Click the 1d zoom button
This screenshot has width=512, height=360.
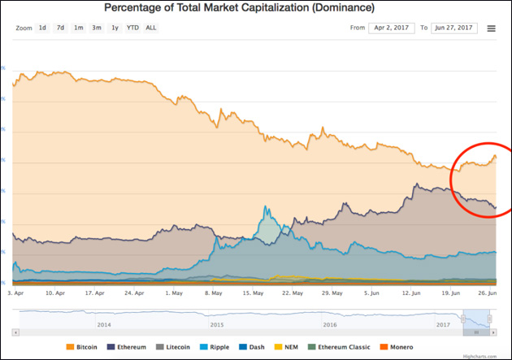point(42,28)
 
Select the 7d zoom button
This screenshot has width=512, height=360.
point(60,28)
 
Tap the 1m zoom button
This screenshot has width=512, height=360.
point(78,28)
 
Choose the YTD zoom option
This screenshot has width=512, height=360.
point(132,28)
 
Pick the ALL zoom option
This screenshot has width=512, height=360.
point(151,28)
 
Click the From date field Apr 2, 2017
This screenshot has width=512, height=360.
point(391,28)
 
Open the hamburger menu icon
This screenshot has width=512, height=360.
point(491,28)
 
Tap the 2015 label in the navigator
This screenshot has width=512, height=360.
point(216,323)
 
